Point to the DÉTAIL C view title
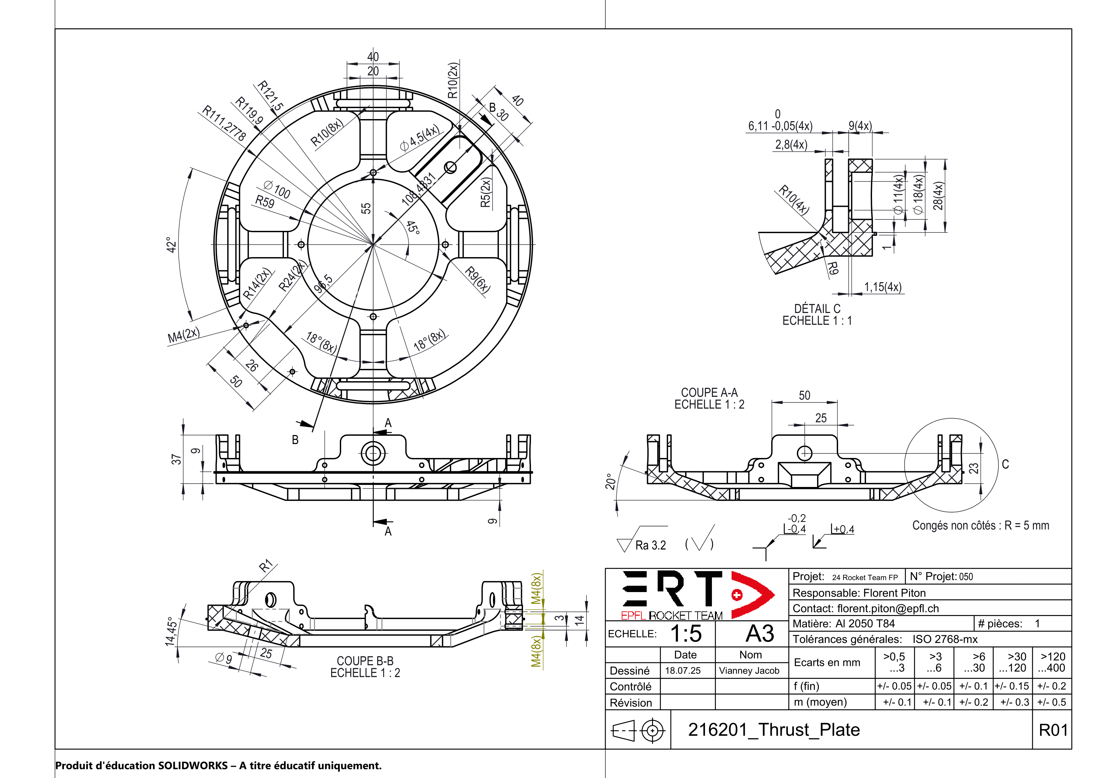[x=817, y=309]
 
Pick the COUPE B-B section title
[x=365, y=661]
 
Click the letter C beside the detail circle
[x=1005, y=464]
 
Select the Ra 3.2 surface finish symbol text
[x=650, y=545]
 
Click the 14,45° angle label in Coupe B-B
[x=171, y=631]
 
